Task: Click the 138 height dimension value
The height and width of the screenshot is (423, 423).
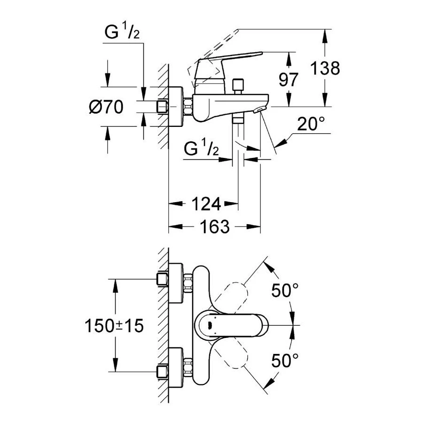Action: click(325, 69)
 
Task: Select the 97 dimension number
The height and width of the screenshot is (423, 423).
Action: click(288, 80)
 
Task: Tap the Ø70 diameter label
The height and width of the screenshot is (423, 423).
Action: click(106, 107)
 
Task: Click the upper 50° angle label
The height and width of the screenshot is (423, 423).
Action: click(285, 291)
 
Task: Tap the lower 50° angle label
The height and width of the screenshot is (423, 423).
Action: click(285, 361)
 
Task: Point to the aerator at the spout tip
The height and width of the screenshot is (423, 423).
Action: click(258, 110)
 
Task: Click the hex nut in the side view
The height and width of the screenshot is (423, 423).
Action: click(188, 107)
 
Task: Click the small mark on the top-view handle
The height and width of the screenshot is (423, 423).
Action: click(209, 325)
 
